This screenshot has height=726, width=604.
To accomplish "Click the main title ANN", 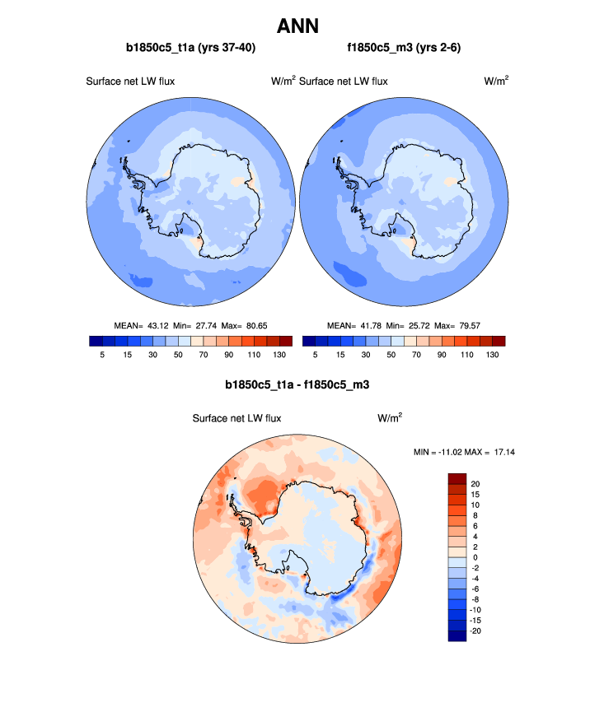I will (x=302, y=26).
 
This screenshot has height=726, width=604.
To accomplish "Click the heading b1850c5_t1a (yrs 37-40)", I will (x=190, y=48).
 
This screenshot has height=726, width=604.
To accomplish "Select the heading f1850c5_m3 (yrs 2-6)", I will (x=404, y=48).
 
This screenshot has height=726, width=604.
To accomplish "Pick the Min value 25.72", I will (x=421, y=325).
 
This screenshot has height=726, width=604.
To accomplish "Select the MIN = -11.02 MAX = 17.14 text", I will (x=468, y=452).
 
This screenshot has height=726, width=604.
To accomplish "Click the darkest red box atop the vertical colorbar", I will (x=457, y=478).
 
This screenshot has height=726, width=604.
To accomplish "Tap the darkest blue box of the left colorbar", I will (x=94, y=341).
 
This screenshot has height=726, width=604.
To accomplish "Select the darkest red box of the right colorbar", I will (x=498, y=341).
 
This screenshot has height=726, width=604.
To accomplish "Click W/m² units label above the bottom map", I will (x=390, y=418).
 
